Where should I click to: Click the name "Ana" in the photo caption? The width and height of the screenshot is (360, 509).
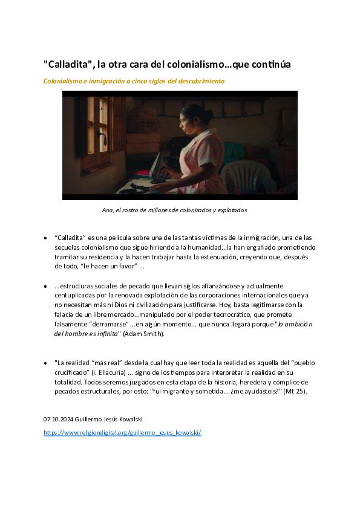coord(108,210)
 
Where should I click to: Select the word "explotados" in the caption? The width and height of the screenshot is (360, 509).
coord(231,210)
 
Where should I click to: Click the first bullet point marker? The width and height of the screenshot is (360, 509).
coord(46,238)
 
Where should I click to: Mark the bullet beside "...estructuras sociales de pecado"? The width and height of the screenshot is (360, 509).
coord(46,285)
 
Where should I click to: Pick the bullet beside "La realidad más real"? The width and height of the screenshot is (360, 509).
coord(46,363)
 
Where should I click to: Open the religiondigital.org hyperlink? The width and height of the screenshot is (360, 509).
coord(122,433)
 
